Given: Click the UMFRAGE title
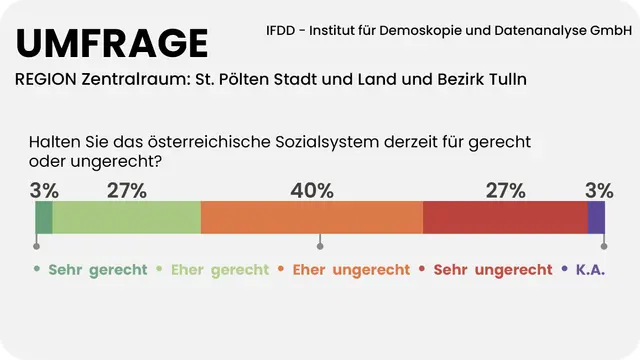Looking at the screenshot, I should click(x=112, y=43).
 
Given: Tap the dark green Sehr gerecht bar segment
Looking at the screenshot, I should click(x=43, y=217).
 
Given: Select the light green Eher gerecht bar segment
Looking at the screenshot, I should click(x=126, y=217).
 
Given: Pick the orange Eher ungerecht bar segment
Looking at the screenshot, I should click(x=311, y=217).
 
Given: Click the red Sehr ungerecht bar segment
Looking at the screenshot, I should click(x=505, y=217).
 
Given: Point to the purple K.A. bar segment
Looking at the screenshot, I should click(x=596, y=217).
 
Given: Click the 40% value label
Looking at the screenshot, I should click(x=312, y=190).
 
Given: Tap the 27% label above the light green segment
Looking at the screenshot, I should click(x=127, y=190).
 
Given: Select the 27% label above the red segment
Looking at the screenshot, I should click(x=505, y=190).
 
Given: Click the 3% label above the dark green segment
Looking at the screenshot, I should click(x=44, y=190).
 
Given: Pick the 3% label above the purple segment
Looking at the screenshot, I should click(x=599, y=190).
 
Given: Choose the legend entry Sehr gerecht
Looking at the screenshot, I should click(x=97, y=270).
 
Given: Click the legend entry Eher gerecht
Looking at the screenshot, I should click(x=220, y=270).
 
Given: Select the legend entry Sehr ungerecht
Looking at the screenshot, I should click(x=492, y=270).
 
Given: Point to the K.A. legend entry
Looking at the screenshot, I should click(x=590, y=270).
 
